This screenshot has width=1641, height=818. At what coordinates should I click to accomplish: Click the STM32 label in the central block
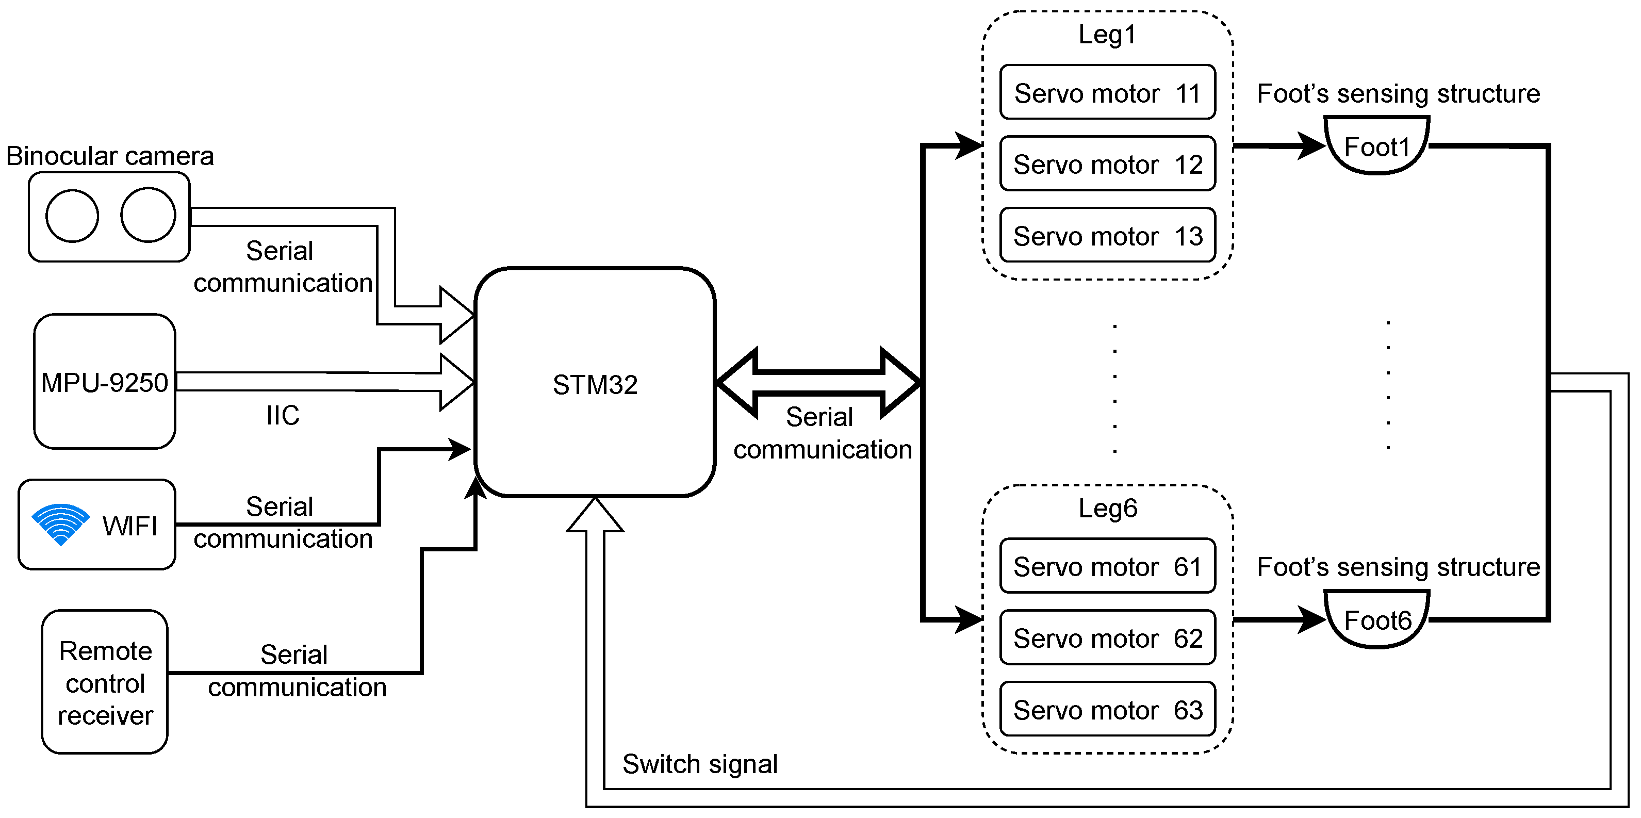pos(594,385)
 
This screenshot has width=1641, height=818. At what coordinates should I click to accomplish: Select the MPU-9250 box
pos(105,382)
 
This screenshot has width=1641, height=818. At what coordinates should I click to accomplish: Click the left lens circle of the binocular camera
pos(72,216)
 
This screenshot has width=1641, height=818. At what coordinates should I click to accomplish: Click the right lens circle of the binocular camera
pos(148,215)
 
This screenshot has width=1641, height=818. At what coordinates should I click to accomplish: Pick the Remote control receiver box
pos(105,682)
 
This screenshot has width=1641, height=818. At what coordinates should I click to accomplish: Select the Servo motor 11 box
pos(1107,93)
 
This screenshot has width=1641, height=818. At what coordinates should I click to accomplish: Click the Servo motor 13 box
pos(1107,236)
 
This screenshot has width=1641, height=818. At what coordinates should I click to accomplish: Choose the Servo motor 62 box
pos(1107,637)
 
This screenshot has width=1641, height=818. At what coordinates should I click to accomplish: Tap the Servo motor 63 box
pos(1107,709)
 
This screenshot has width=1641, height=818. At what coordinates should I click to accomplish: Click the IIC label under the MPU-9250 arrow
pos(282,415)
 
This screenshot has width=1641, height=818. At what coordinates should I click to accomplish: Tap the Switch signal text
pos(699,764)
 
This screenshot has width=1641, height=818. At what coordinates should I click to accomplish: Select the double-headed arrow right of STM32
pos(818,382)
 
